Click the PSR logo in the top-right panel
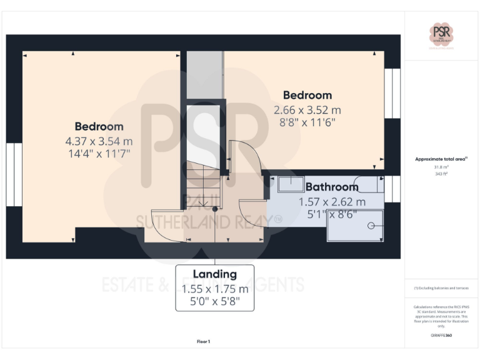[441, 34]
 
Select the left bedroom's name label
[99, 126]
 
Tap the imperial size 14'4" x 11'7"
[99, 152]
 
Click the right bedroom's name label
[307, 95]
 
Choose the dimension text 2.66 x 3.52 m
[307, 109]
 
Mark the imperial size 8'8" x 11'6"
[307, 122]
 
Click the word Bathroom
[332, 187]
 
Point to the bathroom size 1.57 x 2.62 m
[332, 202]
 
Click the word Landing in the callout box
[214, 274]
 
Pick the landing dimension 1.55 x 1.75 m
[214, 289]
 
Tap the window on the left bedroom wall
[14, 176]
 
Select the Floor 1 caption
[204, 341]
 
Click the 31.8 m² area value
[441, 167]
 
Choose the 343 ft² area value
[441, 174]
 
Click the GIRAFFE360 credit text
[441, 336]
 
